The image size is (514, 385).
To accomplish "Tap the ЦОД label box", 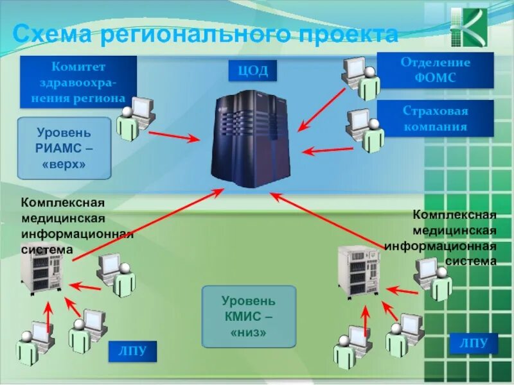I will [253, 71].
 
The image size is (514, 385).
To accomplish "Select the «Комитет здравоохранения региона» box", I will [79, 82].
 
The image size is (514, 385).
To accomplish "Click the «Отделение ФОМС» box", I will [435, 70].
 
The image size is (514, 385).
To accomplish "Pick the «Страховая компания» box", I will [435, 118].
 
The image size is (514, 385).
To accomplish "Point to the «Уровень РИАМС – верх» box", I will [64, 148].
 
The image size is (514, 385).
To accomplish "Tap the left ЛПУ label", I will [132, 350].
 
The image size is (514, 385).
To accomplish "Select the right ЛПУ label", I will [473, 343].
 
